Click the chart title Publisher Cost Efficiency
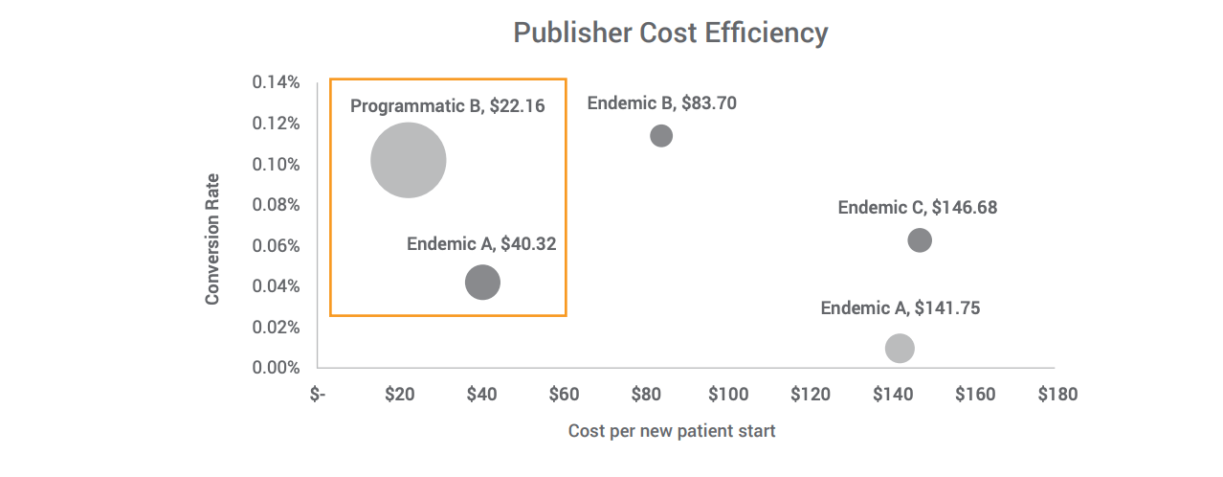[670, 33]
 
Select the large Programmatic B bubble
[409, 161]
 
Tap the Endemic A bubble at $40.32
[482, 283]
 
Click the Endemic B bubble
[661, 135]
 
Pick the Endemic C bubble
[920, 240]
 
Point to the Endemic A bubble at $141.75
[900, 348]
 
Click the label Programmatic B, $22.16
[447, 105]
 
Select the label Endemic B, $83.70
[661, 102]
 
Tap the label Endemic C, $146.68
[917, 207]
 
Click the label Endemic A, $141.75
[900, 307]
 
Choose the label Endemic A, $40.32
[480, 243]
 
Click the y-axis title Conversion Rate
[212, 239]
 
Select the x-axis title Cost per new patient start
[671, 431]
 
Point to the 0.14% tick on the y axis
[276, 82]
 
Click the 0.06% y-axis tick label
[276, 245]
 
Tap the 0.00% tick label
[276, 368]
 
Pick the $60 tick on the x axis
[564, 394]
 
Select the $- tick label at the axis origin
[318, 394]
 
